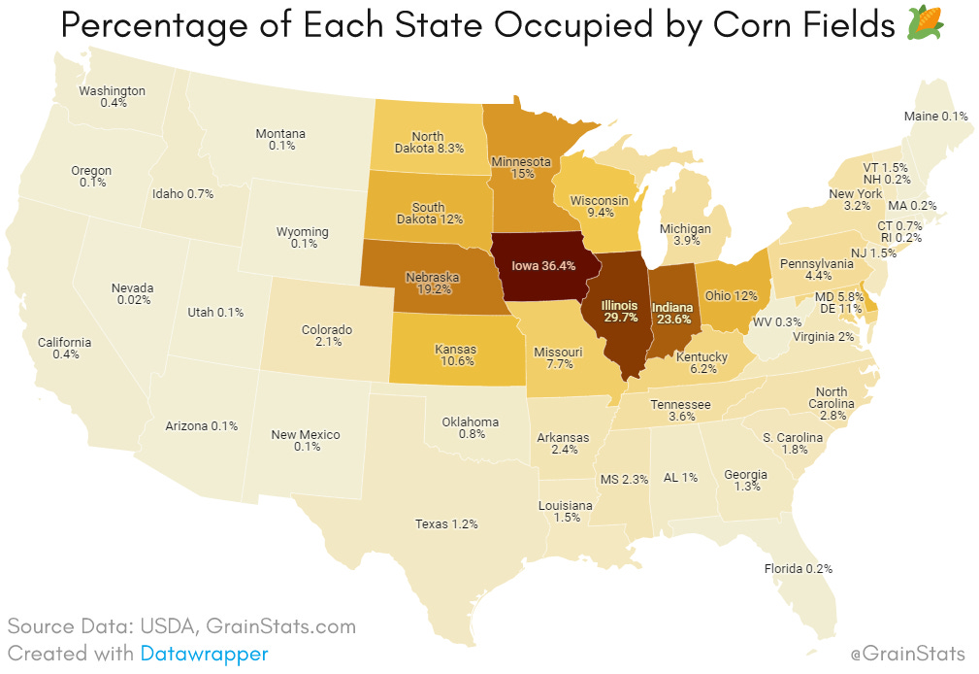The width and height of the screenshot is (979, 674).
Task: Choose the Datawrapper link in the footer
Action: click(204, 654)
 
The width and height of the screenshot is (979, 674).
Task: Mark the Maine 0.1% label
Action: click(935, 117)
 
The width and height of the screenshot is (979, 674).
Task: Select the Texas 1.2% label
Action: click(446, 523)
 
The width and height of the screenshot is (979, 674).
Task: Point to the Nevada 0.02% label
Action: click(132, 294)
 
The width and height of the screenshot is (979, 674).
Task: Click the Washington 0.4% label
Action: click(112, 96)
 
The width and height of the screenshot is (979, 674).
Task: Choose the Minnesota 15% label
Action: click(522, 168)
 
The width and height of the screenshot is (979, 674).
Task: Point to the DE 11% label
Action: click(839, 308)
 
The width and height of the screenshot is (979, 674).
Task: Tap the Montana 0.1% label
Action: click(280, 139)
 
